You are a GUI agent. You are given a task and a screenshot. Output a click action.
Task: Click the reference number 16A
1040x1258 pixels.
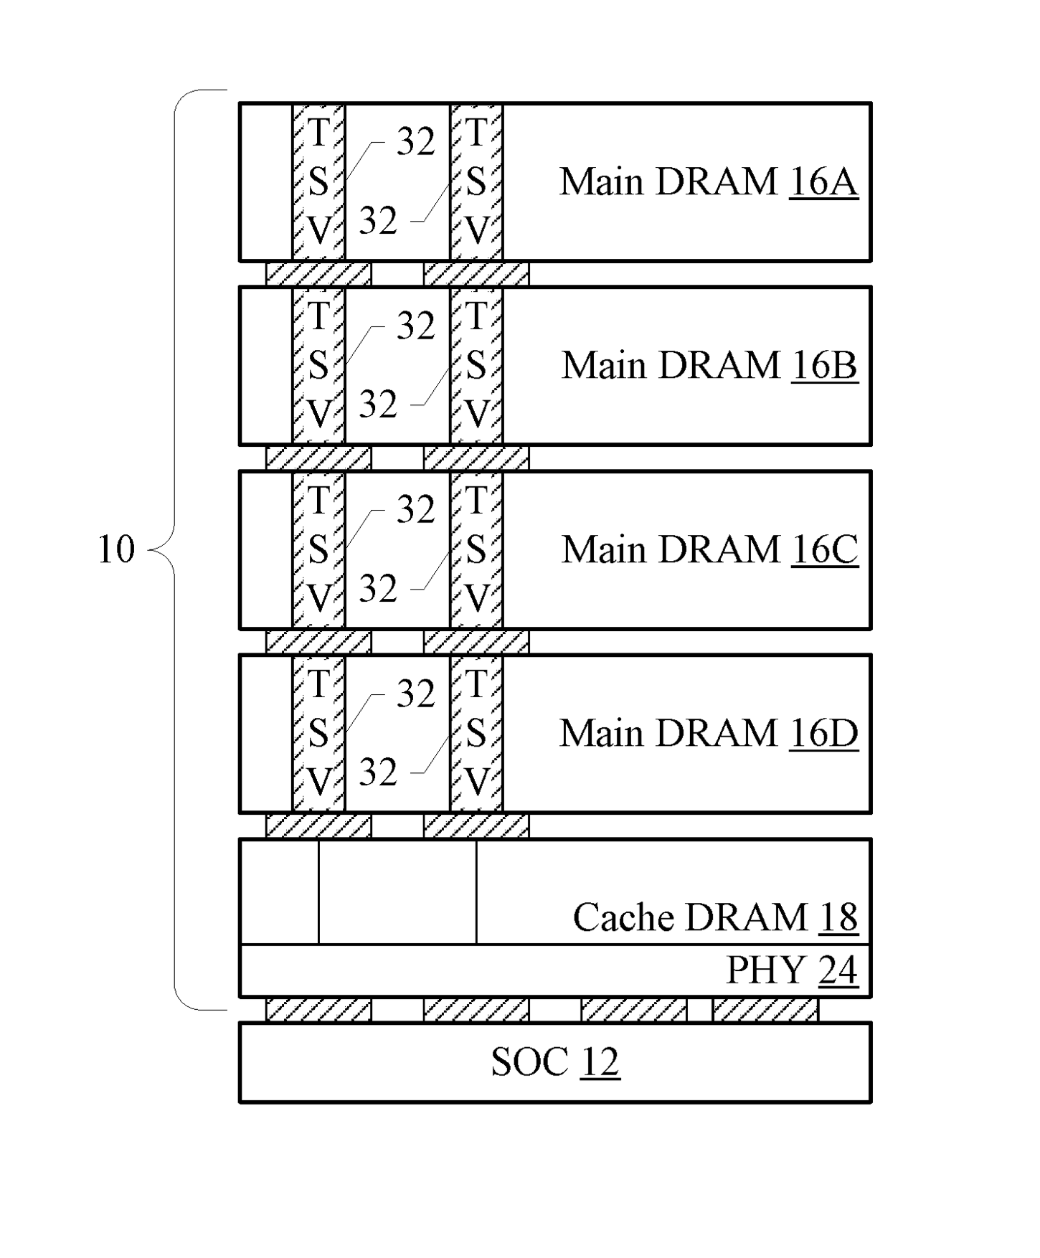click(823, 181)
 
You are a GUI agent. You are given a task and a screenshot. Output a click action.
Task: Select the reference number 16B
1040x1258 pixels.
click(825, 365)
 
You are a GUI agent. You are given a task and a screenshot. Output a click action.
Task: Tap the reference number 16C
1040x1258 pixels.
click(825, 549)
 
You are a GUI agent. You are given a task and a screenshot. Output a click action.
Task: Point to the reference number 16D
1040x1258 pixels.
click(823, 733)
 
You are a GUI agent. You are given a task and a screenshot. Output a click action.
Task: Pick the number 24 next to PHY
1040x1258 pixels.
click(838, 970)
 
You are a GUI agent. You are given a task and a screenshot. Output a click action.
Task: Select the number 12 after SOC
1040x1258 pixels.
click(600, 1062)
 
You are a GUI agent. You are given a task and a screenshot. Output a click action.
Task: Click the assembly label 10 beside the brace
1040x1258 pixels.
click(115, 549)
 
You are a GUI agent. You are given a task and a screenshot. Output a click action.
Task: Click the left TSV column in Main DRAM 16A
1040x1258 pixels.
click(318, 181)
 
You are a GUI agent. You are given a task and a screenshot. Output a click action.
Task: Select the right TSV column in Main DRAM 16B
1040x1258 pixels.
click(476, 365)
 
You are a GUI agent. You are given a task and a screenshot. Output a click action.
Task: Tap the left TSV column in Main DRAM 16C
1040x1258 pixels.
click(318, 549)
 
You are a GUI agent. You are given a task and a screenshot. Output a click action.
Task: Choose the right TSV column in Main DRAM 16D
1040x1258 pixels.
click(476, 733)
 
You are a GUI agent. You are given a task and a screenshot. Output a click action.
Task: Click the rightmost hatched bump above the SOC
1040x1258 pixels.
click(765, 1010)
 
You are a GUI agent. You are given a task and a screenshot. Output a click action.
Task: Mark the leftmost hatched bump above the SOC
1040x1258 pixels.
click(318, 1010)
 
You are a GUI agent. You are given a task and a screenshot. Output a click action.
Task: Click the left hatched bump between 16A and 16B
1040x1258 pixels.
click(318, 274)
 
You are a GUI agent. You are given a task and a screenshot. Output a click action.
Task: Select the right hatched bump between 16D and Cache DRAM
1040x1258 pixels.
click(476, 826)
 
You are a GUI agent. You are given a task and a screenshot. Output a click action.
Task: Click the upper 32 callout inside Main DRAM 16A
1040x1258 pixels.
click(416, 141)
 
